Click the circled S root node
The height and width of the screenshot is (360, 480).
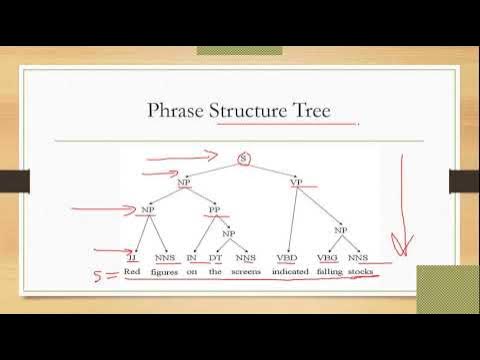[x=244, y=158]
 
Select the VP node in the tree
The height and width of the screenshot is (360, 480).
[x=297, y=184]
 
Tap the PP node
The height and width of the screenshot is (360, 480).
[x=215, y=210]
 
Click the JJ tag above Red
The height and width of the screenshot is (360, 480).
[x=132, y=256]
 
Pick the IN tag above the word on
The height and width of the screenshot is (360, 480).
[x=191, y=256]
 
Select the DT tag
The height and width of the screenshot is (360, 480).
[x=215, y=256]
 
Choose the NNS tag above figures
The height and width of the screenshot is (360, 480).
[x=164, y=256]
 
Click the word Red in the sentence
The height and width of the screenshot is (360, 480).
[x=133, y=272]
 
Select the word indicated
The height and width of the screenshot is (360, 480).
[x=287, y=272]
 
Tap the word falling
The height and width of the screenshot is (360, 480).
[x=327, y=272]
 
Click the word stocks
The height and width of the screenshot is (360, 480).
[x=360, y=272]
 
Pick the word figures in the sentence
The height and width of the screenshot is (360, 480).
[x=164, y=272]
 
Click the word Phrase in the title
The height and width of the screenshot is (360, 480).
[x=177, y=109]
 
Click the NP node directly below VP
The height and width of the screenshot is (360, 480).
[x=340, y=230]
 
